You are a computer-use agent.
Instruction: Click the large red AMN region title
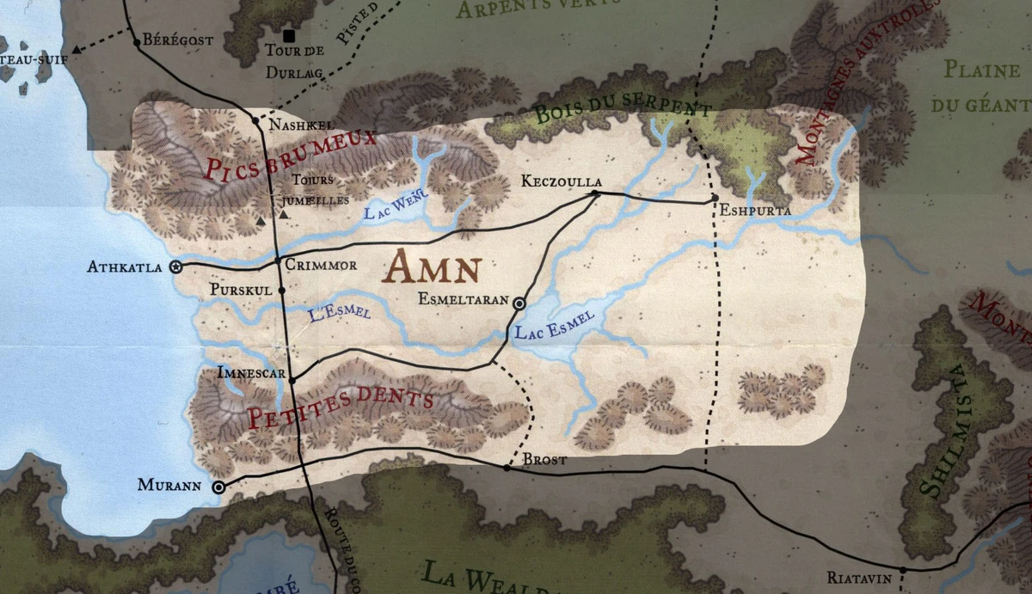[x=431, y=268]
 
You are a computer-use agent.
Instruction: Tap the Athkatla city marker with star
[x=176, y=267]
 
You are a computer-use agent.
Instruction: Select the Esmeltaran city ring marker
[x=519, y=303]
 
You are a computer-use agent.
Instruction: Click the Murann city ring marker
[x=219, y=487]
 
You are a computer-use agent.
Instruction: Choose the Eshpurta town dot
[x=715, y=199]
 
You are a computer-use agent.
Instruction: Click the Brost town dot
[x=507, y=468]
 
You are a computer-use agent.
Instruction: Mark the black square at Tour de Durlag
[x=289, y=35]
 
